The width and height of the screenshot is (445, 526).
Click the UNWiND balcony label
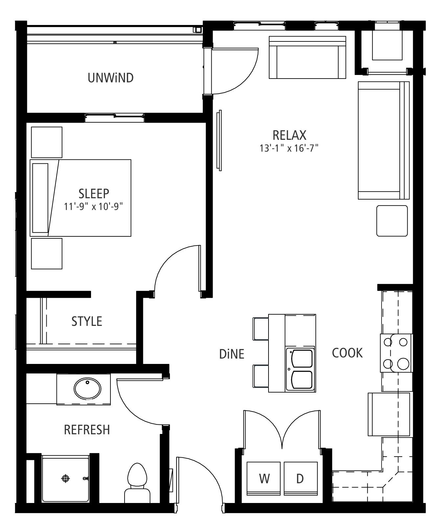(x=110, y=78)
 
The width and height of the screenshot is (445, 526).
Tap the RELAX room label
(x=289, y=135)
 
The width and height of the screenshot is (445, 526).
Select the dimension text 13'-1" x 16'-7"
(x=289, y=148)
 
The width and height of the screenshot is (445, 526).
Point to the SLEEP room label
(x=94, y=193)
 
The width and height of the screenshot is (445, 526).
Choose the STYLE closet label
(x=87, y=321)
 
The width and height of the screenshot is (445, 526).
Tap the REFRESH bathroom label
(x=87, y=430)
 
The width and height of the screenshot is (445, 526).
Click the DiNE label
(x=232, y=354)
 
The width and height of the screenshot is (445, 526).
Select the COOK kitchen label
(x=347, y=353)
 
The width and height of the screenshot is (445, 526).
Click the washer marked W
(x=264, y=479)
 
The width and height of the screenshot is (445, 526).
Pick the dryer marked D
(x=301, y=479)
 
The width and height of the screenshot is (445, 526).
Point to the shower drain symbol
(x=66, y=478)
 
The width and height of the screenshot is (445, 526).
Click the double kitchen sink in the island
(x=300, y=370)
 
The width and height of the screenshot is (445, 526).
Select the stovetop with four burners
(x=396, y=353)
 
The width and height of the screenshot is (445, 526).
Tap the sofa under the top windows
(x=308, y=58)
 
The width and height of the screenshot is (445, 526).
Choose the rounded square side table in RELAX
(x=392, y=221)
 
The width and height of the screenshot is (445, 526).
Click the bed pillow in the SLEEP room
(x=40, y=198)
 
